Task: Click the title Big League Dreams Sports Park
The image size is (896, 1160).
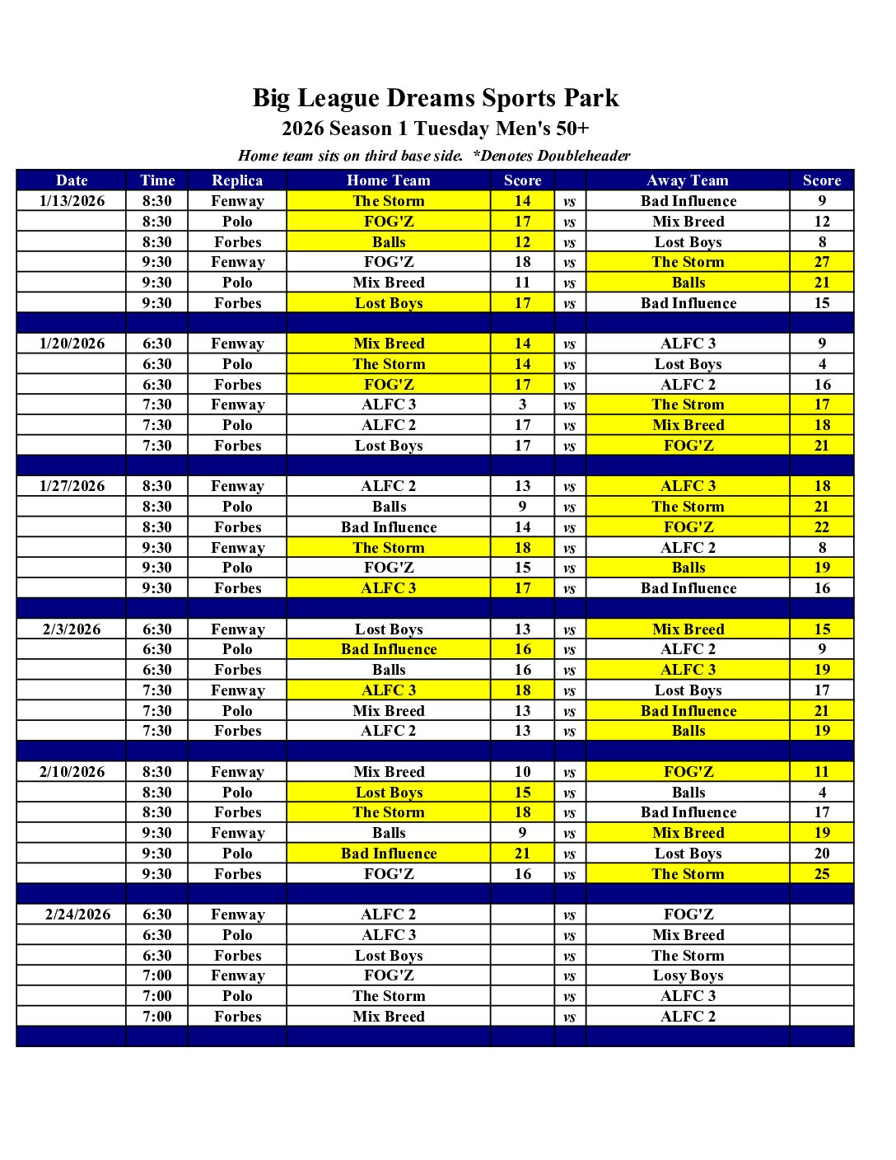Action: pos(435,98)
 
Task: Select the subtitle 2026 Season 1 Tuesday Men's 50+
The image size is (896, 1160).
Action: pos(435,129)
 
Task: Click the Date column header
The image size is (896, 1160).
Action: pos(72,180)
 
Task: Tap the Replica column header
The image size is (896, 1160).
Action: pos(237,180)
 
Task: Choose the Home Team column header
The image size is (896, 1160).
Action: pos(388,180)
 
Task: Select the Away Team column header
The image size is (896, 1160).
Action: pos(688,180)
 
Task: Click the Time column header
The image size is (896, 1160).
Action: pos(157,180)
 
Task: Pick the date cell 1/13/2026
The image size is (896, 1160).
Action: pos(72,201)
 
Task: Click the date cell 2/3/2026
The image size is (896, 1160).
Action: pos(72,629)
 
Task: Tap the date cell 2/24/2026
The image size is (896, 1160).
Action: pos(77,914)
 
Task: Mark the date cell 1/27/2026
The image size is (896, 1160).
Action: pos(72,486)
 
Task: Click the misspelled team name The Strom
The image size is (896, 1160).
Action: pos(688,405)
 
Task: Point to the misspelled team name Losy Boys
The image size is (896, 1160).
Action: pos(688,975)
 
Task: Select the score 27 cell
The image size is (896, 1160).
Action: pos(822,262)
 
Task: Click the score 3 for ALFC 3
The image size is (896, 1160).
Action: pos(522,405)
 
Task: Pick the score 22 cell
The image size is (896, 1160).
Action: pos(822,527)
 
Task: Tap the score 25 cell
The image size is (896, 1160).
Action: pos(822,874)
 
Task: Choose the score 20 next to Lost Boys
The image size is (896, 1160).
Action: pos(822,854)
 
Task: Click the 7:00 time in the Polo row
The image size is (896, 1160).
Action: pos(157,996)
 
